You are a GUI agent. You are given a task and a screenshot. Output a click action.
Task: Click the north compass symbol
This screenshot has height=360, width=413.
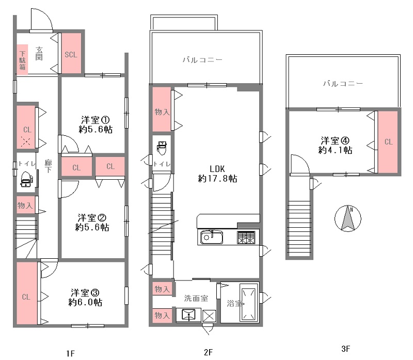(347, 218)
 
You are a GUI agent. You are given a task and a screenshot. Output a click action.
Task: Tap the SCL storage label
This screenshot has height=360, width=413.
(71, 55)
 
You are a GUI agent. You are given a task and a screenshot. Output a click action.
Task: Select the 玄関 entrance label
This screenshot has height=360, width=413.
(39, 54)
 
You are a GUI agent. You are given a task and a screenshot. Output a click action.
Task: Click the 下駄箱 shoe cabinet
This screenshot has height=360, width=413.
(22, 59)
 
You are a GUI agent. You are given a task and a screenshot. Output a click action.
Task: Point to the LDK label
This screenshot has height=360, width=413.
(217, 169)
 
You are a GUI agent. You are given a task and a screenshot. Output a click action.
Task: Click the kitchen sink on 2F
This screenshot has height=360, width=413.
(212, 237)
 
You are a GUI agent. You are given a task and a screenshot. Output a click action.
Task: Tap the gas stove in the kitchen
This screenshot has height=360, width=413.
(246, 238)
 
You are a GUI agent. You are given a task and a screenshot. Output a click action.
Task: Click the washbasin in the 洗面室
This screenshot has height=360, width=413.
(188, 315)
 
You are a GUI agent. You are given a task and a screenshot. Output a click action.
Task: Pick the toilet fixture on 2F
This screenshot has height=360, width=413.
(162, 148)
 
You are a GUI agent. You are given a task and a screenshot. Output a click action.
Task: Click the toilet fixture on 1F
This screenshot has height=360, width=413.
(26, 179)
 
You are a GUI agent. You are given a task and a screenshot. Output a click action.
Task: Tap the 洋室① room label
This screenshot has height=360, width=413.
(95, 120)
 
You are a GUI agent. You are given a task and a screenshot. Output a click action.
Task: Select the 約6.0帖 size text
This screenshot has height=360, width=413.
(85, 302)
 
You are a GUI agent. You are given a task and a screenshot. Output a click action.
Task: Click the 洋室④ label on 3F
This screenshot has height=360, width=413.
(335, 140)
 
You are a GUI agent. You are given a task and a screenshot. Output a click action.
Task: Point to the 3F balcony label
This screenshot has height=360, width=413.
(343, 84)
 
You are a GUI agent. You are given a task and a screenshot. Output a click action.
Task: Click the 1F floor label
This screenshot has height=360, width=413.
(70, 353)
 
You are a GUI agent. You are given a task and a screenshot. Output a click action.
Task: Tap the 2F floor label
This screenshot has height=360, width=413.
(208, 352)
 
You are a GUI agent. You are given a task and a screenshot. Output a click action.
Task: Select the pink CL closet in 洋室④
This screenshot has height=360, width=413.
(388, 142)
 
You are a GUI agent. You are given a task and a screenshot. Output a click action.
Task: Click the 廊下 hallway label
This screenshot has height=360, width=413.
(48, 166)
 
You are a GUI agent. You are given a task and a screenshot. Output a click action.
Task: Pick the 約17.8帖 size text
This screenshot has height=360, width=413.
(217, 179)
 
